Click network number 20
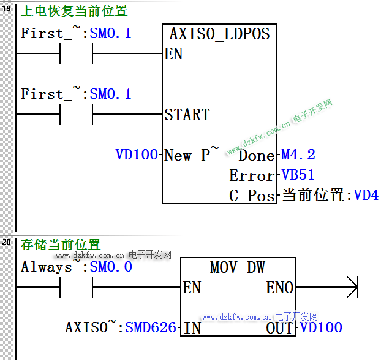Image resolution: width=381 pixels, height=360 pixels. click(7, 243)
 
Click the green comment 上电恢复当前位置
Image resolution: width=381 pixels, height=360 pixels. click(74, 12)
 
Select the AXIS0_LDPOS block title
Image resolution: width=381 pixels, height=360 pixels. click(219, 34)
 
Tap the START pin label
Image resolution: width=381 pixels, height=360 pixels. click(187, 115)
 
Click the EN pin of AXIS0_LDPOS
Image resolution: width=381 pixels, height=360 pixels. click(174, 54)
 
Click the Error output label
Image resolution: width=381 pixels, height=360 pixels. click(252, 175)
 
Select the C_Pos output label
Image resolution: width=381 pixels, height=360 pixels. click(252, 196)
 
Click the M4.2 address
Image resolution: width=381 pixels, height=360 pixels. click(298, 155)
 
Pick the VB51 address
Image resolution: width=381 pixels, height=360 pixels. click(298, 175)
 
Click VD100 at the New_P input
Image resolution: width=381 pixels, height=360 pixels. click(137, 155)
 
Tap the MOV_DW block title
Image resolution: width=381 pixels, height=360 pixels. click(237, 267)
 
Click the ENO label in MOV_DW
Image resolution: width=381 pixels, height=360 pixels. click(279, 288)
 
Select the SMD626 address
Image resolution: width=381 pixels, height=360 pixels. click(151, 328)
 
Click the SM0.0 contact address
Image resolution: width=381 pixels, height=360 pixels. click(111, 267)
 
